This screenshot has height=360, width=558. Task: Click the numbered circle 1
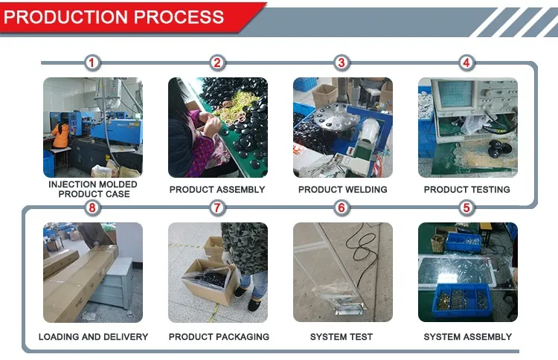[x=92, y=63]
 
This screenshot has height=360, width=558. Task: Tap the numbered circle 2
[x=217, y=63]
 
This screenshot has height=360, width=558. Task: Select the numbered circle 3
[x=341, y=63]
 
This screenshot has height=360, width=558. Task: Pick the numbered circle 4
[x=466, y=63]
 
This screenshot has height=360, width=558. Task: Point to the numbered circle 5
[x=466, y=208]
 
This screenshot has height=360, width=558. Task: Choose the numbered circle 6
[x=341, y=208]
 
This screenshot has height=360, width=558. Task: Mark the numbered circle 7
[x=217, y=208]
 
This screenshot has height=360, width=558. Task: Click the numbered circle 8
[x=92, y=208]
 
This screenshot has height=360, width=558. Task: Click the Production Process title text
[x=115, y=17]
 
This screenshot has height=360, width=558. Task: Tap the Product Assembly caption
[x=217, y=190]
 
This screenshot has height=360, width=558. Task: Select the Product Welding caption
[x=342, y=190]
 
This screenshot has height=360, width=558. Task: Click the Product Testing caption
[x=467, y=190]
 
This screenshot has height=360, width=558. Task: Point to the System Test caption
[x=341, y=337]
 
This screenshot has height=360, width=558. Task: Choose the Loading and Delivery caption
[x=93, y=337]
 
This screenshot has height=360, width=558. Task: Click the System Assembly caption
[x=467, y=337]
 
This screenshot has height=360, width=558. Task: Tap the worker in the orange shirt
[x=60, y=136]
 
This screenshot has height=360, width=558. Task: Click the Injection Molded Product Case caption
[x=93, y=189]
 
